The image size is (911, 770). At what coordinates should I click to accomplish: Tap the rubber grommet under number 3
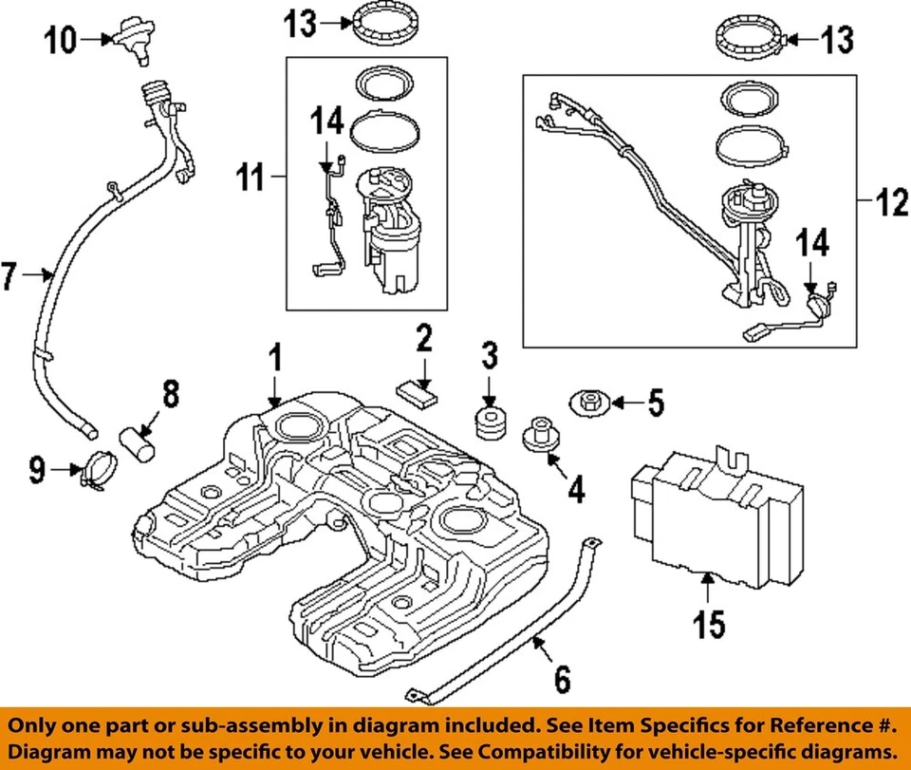pos(490,423)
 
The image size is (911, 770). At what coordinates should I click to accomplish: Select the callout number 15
pos(709,624)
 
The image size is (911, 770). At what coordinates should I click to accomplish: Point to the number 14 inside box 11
pos(325,121)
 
